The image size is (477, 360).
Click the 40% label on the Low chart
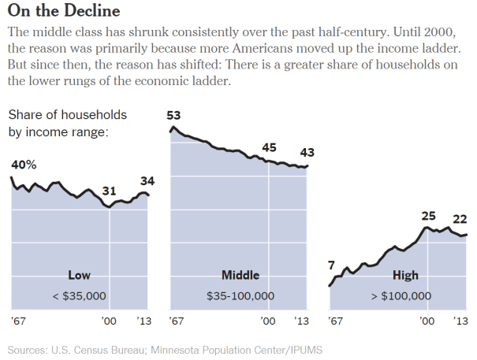24,164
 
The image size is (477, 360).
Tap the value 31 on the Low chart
110,190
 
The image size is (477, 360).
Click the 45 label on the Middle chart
269,147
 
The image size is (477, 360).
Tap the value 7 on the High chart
332,265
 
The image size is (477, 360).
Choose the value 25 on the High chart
428,215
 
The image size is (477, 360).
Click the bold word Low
80,276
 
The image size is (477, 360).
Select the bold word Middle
240,276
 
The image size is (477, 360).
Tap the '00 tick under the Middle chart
269,321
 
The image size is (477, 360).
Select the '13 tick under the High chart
461,321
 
